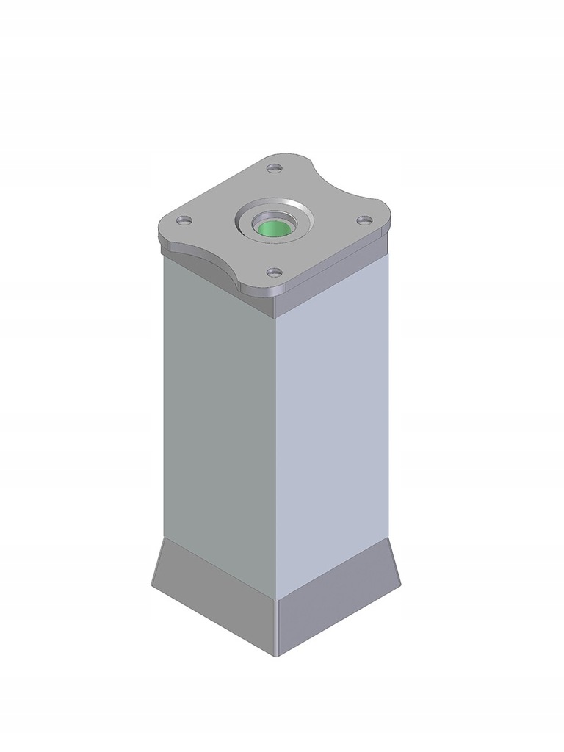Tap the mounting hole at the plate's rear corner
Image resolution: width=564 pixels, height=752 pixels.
275,169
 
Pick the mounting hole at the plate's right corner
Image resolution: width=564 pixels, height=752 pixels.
364,220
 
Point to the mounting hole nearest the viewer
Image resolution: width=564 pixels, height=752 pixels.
274,272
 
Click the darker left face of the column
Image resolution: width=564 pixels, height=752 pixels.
219,419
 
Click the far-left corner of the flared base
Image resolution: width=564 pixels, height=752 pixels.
152,585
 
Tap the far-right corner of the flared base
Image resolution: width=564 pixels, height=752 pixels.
401,586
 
